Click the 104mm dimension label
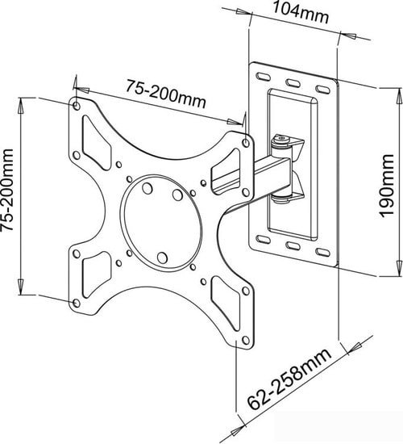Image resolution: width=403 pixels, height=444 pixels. (300, 13)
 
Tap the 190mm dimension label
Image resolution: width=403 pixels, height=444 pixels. (386, 186)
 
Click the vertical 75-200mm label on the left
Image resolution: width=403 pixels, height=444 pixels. (6, 190)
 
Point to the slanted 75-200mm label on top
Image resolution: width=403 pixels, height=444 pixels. (166, 94)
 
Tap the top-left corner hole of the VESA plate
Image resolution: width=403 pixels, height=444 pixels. (77, 106)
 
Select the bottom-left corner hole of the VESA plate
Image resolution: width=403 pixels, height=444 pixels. (76, 303)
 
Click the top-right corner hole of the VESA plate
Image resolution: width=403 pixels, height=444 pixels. (246, 143)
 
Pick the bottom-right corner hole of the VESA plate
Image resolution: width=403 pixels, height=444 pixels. (246, 340)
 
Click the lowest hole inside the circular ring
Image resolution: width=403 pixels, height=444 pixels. (162, 258)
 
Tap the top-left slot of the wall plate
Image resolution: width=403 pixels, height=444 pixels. (263, 77)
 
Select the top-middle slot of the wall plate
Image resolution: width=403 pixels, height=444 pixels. (293, 83)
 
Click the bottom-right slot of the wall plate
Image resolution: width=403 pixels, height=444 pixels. (322, 252)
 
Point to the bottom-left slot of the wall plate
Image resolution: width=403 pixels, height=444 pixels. (263, 240)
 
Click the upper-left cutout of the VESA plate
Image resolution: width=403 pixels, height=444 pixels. (96, 144)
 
